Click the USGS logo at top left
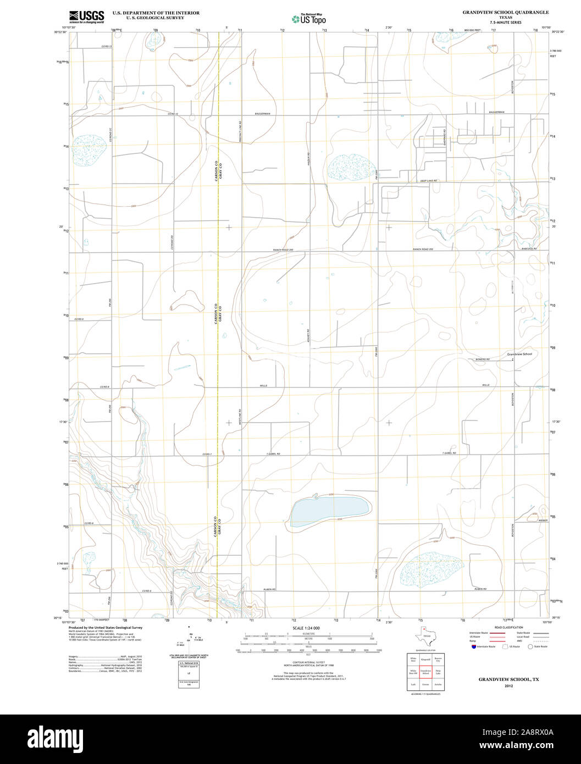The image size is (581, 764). click(x=87, y=17)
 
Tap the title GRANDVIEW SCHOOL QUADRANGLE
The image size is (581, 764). click(x=505, y=12)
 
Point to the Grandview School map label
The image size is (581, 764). click(x=519, y=354)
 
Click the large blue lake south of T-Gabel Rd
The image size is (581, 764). click(x=329, y=511)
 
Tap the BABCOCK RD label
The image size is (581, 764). click(x=528, y=249)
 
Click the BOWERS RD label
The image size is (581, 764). click(x=483, y=360)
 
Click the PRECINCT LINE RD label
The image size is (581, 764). click(x=240, y=132)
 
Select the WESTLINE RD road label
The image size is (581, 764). click(x=240, y=418)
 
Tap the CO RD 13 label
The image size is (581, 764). click(x=107, y=46)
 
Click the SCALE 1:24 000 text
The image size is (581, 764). click(x=306, y=628)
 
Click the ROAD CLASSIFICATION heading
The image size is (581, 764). click(x=508, y=627)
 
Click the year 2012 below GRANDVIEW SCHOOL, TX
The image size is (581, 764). click(x=508, y=686)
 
